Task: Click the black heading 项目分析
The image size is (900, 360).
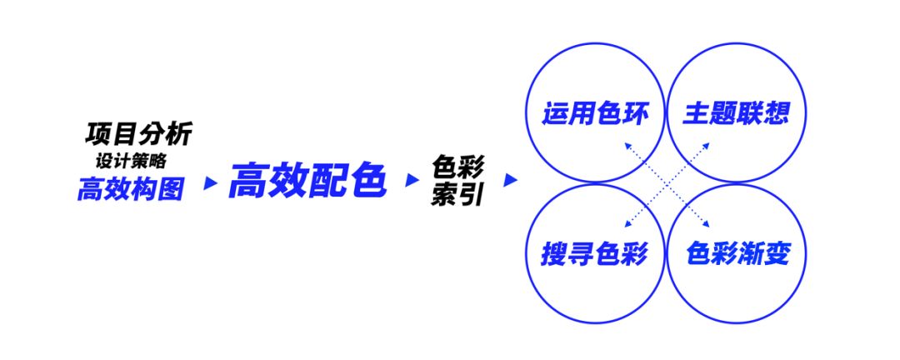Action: click(139, 134)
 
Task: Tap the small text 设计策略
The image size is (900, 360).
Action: click(132, 162)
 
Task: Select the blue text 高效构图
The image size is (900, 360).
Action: click(131, 189)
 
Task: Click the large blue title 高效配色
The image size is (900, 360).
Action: click(307, 180)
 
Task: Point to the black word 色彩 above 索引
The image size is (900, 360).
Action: click(458, 168)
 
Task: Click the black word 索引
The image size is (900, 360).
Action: click(458, 195)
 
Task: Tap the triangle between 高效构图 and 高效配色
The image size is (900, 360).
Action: click(211, 183)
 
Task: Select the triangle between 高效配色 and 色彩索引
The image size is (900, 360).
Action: click(412, 180)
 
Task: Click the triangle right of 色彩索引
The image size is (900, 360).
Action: click(510, 180)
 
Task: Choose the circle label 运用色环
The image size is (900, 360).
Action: click(595, 113)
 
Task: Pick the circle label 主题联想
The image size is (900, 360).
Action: click(737, 113)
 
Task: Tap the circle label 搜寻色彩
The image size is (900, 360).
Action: click(595, 253)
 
